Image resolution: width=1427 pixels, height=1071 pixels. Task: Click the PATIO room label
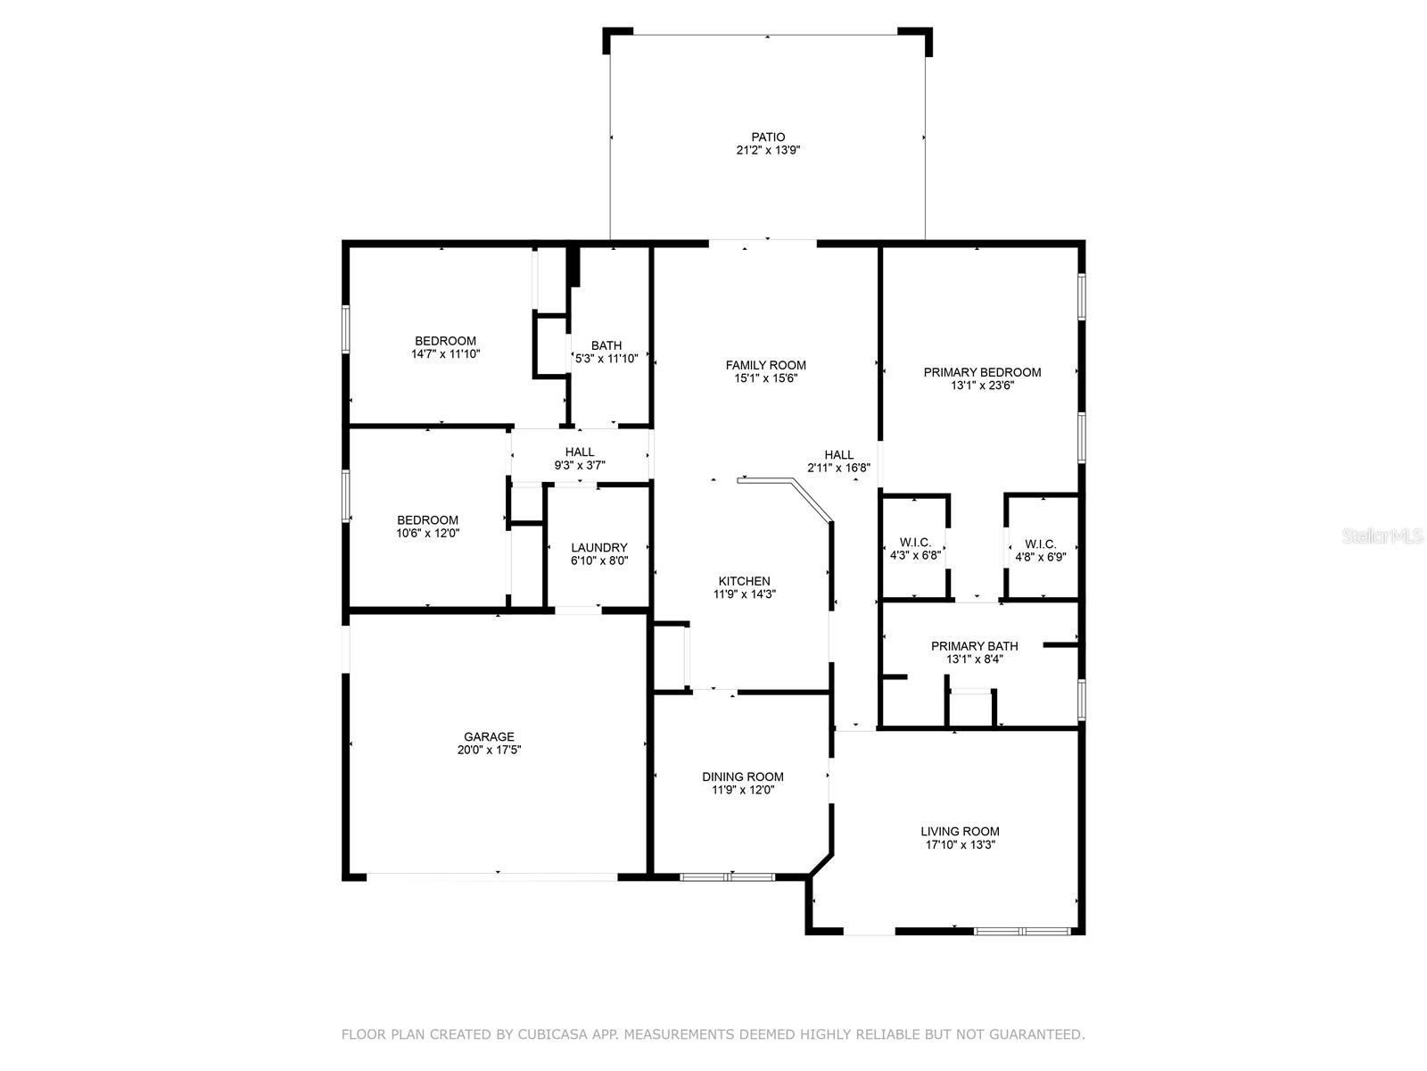point(768,137)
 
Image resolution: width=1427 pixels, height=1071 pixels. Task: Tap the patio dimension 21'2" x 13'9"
point(768,150)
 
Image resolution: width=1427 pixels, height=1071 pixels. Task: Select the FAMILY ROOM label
point(765,365)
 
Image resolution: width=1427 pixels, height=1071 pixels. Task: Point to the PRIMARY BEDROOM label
point(982,372)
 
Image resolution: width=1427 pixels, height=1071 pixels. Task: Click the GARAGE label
point(489,737)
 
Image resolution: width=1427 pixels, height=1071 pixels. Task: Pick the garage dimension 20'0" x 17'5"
point(489,750)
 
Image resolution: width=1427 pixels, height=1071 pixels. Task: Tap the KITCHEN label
point(745,581)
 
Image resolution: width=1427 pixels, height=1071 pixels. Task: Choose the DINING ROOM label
point(742,777)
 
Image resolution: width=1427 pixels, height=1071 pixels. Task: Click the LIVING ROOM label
point(960,832)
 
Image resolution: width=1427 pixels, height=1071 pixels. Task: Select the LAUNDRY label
point(598,548)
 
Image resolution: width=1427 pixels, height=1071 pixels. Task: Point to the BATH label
point(606,346)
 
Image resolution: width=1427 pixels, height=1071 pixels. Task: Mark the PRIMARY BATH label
point(974,646)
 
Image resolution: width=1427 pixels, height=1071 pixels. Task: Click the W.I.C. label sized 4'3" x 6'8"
point(915,543)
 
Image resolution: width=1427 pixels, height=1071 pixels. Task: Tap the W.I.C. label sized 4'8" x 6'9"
point(1040,544)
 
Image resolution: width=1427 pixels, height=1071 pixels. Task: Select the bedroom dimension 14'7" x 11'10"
point(445,354)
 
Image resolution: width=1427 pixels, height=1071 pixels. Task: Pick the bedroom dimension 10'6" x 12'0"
point(428,533)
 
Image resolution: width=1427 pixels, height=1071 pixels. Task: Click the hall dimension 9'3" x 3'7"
point(579,466)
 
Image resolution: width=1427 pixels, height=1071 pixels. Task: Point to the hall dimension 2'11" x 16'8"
point(838,469)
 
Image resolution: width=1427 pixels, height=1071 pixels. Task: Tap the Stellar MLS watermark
point(1382,536)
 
